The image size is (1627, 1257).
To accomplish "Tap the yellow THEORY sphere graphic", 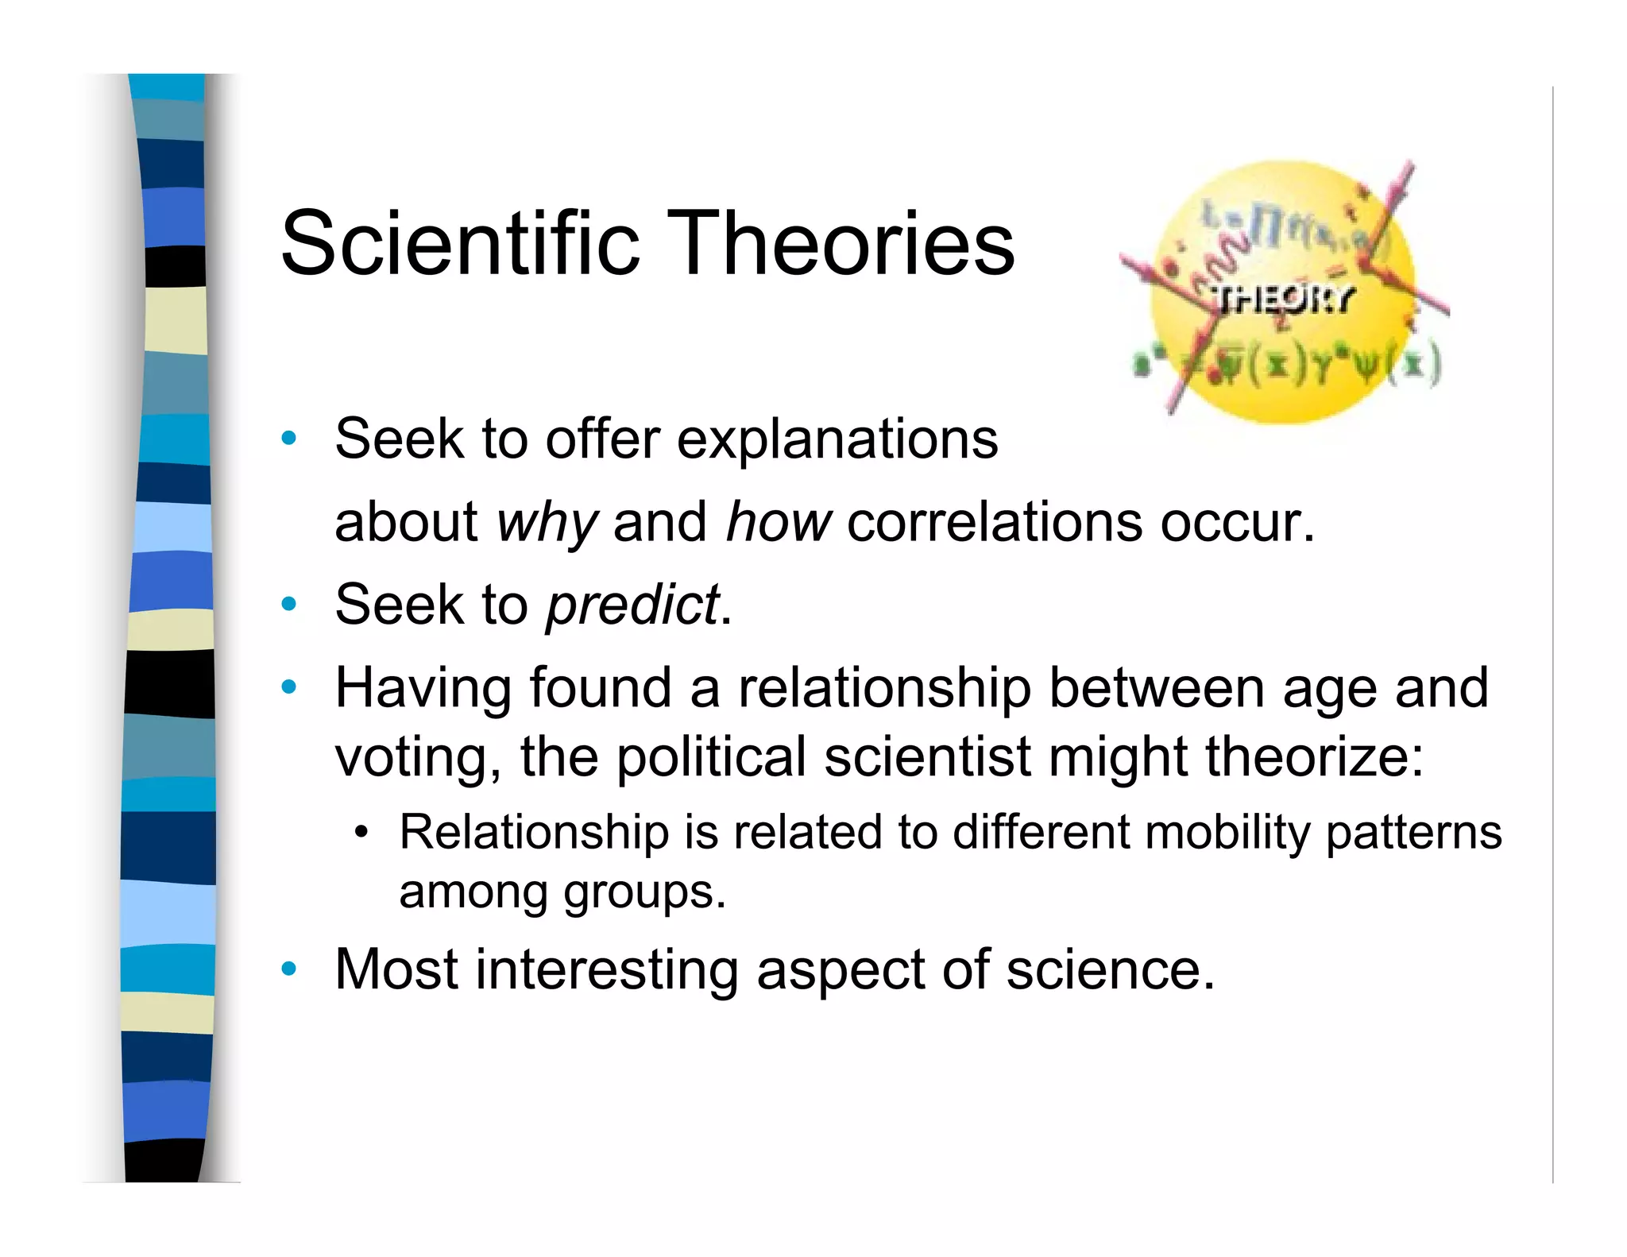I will pos(1282,292).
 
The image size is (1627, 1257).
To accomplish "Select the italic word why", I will pos(546,523).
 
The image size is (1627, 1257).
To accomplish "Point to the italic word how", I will pos(778,523).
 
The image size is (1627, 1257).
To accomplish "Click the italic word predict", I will pos(632,605).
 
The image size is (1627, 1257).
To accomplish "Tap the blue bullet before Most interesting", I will pos(289,969).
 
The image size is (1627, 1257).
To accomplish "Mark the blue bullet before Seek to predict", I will pos(289,604).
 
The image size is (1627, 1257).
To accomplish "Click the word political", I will pos(711,756).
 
